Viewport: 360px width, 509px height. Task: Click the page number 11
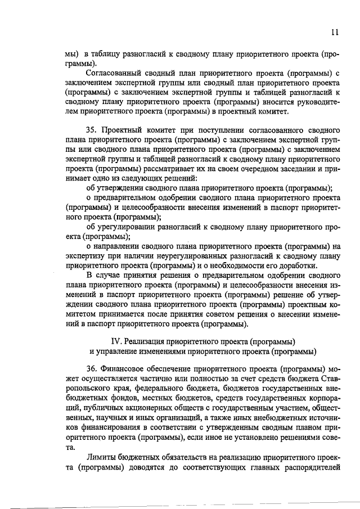pyautogui.click(x=335, y=33)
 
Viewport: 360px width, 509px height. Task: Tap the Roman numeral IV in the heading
pyautogui.click(x=118, y=342)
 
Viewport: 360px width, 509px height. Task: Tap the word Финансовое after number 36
pyautogui.click(x=124, y=369)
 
